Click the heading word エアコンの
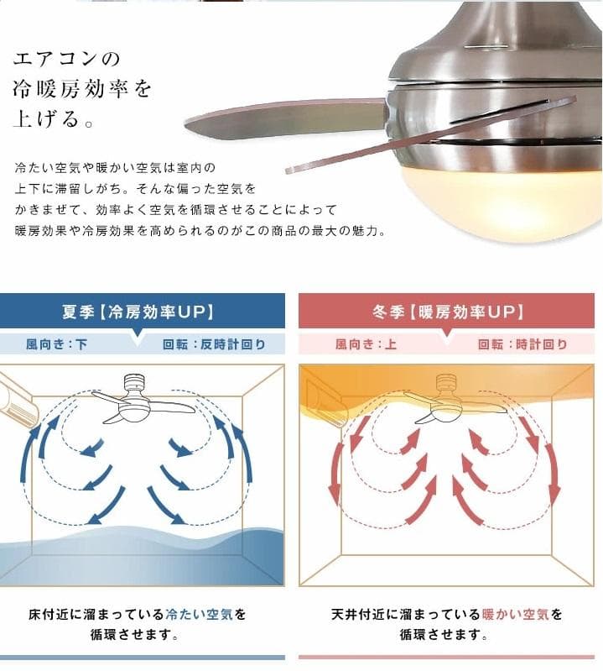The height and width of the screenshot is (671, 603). coord(67,60)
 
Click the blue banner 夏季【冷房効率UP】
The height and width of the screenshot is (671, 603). coord(138,312)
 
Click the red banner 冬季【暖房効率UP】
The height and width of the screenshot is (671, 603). coord(448,312)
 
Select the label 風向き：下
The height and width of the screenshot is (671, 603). coord(56,343)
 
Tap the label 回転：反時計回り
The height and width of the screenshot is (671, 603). coord(214,343)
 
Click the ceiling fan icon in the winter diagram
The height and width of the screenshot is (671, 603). coord(448,399)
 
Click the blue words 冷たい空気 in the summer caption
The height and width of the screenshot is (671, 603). coord(194,615)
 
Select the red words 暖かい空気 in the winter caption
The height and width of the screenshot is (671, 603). coord(510,615)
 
